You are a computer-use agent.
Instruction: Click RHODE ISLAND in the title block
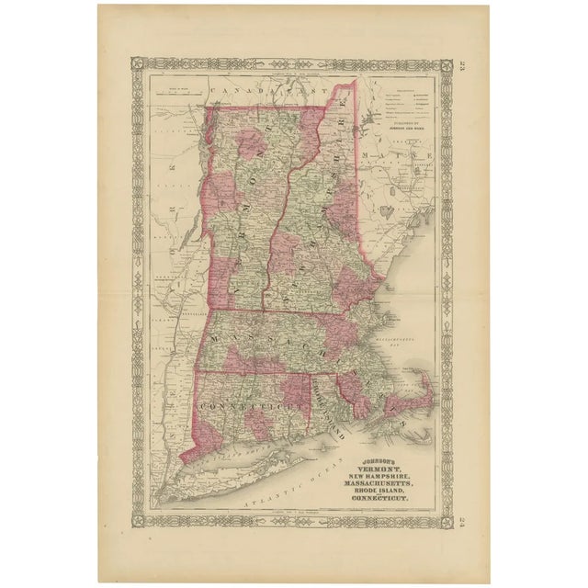pyautogui.click(x=385, y=492)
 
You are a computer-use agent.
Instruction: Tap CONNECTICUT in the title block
pyautogui.click(x=387, y=501)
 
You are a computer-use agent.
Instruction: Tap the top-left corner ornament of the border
pyautogui.click(x=139, y=64)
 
